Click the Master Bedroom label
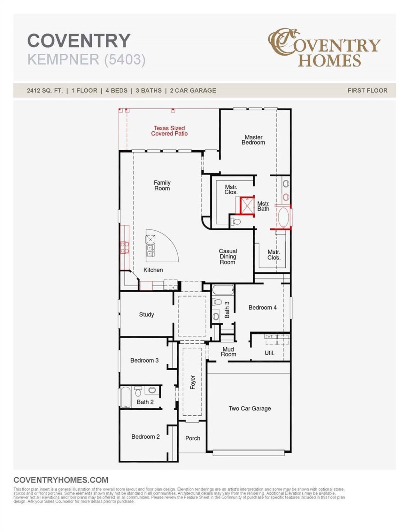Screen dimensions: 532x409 pyautogui.click(x=253, y=140)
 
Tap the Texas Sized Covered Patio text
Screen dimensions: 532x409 pyautogui.click(x=169, y=131)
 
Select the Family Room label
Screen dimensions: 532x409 pyautogui.click(x=162, y=185)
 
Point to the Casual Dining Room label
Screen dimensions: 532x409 pyautogui.click(x=228, y=257)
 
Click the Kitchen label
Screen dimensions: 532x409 pyautogui.click(x=153, y=270)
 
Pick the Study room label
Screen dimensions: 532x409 pyautogui.click(x=146, y=314)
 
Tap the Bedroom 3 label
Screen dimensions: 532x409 pyautogui.click(x=144, y=360)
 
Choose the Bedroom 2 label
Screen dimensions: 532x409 pyautogui.click(x=145, y=436)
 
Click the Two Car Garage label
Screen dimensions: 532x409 pyautogui.click(x=250, y=408)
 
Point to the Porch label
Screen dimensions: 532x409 pyautogui.click(x=193, y=438)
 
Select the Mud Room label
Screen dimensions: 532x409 pyautogui.click(x=228, y=352)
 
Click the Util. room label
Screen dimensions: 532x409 pyautogui.click(x=269, y=353)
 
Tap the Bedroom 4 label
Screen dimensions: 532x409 pyautogui.click(x=262, y=307)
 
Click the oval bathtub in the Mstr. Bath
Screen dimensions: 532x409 pyautogui.click(x=283, y=217)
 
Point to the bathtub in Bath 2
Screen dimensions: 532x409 pyautogui.click(x=126, y=397)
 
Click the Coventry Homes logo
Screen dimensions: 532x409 pyautogui.click(x=324, y=48)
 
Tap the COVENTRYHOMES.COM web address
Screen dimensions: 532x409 pyautogui.click(x=61, y=480)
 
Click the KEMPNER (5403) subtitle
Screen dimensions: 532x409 pyautogui.click(x=86, y=59)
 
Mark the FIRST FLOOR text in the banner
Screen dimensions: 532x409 pyautogui.click(x=367, y=90)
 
